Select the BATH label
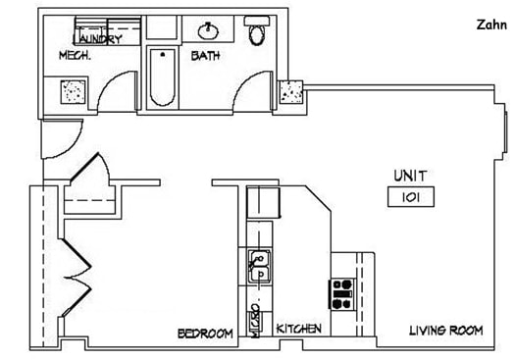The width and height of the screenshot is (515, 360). (205, 55)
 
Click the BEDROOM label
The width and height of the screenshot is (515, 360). (205, 334)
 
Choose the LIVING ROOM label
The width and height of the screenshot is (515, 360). (446, 331)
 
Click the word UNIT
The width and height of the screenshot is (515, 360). (411, 176)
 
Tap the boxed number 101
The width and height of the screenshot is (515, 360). (411, 197)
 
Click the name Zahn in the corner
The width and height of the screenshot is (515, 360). (491, 23)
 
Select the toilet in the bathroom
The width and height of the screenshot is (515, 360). (258, 34)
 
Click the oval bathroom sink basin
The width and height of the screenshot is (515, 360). (211, 29)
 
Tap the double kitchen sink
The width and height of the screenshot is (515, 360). (260, 267)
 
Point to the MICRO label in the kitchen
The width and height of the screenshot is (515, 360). (256, 322)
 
